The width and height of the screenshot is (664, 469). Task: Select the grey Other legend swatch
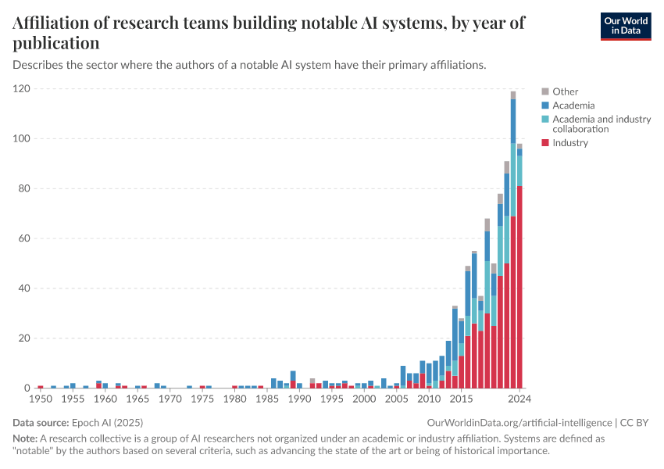tap(546, 91)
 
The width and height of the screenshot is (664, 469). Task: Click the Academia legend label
tap(573, 106)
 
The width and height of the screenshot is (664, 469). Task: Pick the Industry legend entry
tap(570, 143)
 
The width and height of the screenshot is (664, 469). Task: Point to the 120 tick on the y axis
tap(21, 89)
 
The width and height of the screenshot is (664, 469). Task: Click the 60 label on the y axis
tap(23, 238)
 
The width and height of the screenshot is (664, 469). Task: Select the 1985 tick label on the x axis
tap(267, 399)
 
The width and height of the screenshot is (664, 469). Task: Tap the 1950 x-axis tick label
tap(40, 399)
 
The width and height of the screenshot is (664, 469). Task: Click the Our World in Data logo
tap(625, 25)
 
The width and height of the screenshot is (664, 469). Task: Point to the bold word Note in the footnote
tap(26, 439)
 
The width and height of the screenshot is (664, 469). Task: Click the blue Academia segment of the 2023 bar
tap(513, 121)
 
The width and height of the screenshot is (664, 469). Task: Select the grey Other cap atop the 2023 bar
tap(513, 95)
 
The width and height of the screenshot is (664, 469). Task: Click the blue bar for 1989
tap(293, 376)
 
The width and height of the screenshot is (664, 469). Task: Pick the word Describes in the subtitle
tap(38, 65)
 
